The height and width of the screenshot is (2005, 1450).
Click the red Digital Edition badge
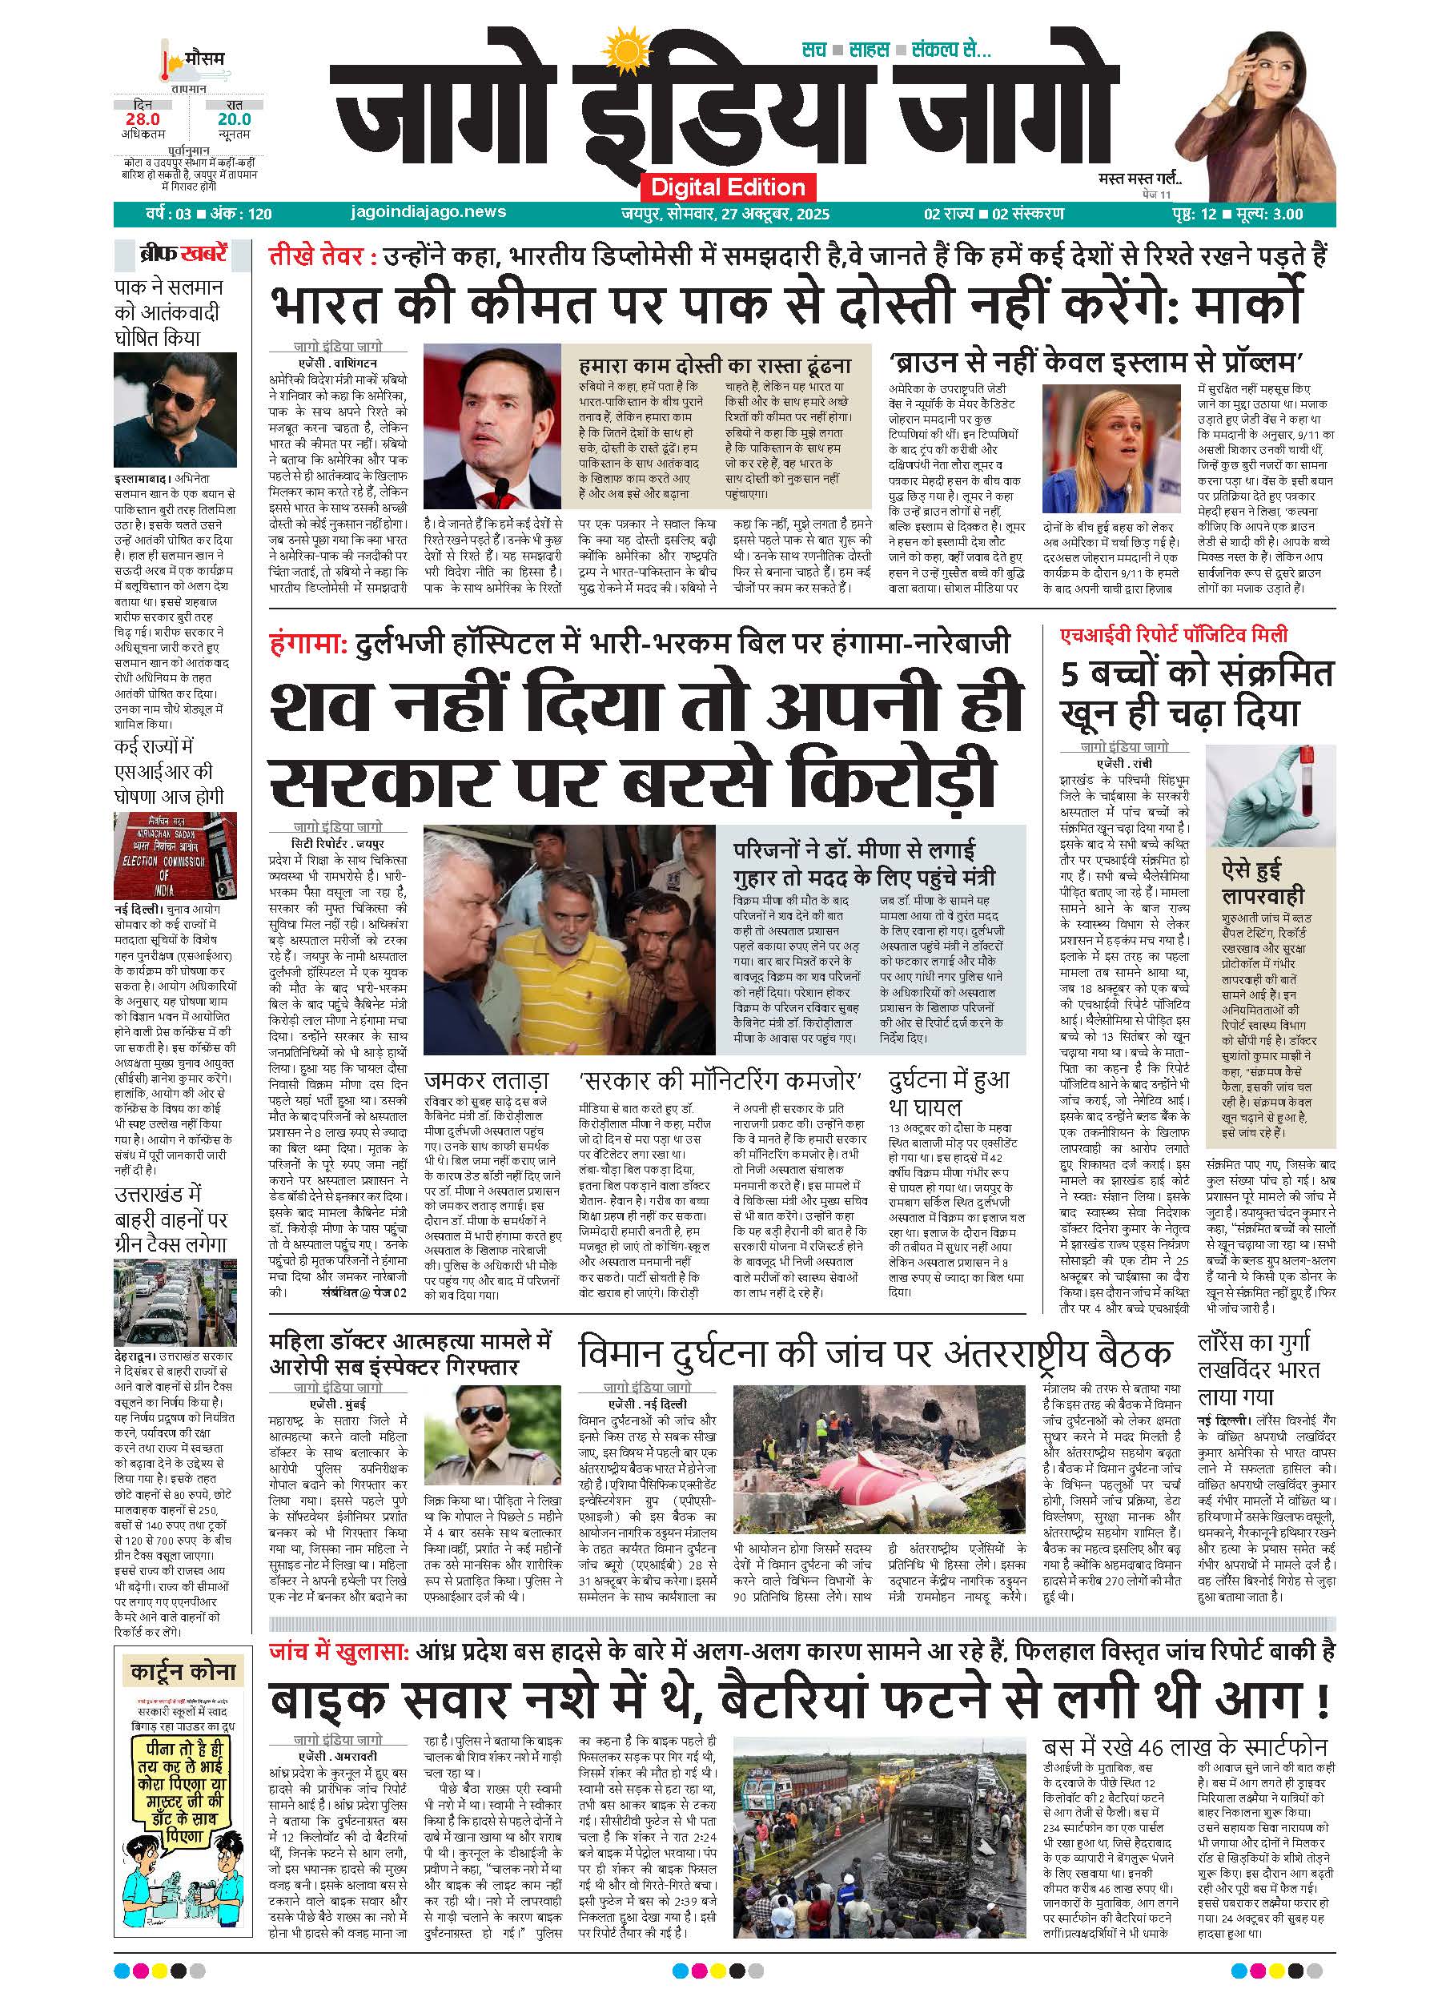pos(728,187)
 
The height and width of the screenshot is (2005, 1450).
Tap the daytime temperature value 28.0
pos(143,119)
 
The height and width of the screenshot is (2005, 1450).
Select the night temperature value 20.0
pos(235,119)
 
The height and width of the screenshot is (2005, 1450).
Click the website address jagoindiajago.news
pos(428,212)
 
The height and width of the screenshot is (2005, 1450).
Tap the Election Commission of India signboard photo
pos(175,855)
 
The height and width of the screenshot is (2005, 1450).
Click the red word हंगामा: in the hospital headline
pos(308,643)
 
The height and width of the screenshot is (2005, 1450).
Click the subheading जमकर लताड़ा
pos(486,1079)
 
